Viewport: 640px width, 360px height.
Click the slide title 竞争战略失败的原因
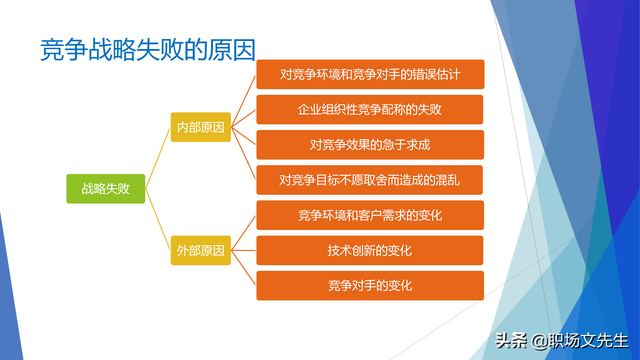tap(147, 47)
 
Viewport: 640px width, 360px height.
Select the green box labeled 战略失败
tap(106, 187)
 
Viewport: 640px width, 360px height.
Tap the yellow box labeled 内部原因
tap(200, 127)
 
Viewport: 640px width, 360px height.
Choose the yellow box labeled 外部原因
tap(200, 249)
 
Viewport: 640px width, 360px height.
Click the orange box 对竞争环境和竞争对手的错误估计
tap(370, 74)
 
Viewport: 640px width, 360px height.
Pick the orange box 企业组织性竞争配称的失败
tap(370, 109)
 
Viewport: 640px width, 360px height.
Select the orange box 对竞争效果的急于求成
tap(370, 145)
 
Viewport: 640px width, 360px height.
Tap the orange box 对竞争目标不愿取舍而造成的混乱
tap(370, 180)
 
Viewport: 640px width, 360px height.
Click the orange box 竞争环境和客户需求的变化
tap(370, 215)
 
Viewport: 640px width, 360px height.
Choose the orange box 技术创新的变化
tap(370, 250)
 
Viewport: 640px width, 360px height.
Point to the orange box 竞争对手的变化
tap(370, 286)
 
